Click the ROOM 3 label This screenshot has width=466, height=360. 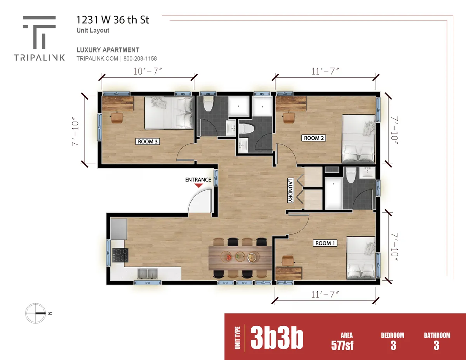[x=148, y=141]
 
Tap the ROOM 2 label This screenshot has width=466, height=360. [x=314, y=138]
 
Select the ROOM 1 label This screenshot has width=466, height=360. [x=325, y=243]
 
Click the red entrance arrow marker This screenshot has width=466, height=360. [x=198, y=186]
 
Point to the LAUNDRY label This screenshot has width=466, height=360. [x=290, y=190]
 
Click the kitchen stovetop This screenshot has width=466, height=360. [x=120, y=255]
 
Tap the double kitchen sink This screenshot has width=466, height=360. [x=147, y=273]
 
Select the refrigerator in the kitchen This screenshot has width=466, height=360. [x=119, y=229]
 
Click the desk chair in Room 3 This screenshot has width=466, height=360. [x=117, y=117]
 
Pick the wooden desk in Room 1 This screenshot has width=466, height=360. [x=289, y=273]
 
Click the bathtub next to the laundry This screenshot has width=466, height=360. [x=333, y=193]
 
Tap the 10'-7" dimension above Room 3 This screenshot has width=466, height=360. [x=148, y=71]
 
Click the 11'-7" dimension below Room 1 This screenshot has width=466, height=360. [x=325, y=294]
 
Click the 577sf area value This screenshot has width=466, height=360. [x=342, y=345]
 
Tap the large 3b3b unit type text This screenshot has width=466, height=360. [x=276, y=339]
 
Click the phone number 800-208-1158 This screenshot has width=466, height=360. [x=140, y=59]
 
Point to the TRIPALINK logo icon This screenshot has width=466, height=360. [x=39, y=32]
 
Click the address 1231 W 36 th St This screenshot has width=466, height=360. [x=113, y=20]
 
